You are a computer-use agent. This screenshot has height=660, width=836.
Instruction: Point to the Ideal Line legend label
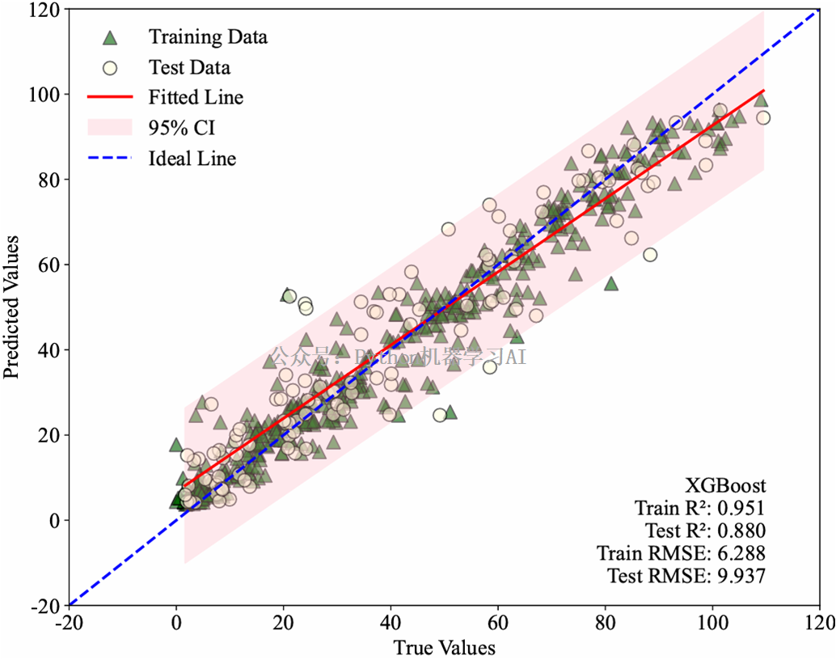(x=192, y=159)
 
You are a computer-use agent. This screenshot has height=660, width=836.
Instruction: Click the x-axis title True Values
(x=443, y=648)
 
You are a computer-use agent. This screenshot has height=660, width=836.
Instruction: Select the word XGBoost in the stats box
(x=725, y=485)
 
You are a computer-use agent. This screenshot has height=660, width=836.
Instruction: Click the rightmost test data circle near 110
(x=762, y=118)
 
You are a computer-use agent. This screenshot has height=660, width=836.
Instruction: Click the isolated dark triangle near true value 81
(x=611, y=284)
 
